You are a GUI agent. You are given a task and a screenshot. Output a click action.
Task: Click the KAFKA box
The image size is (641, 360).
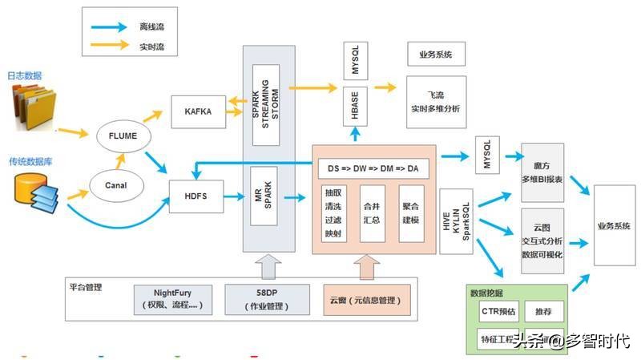pyautogui.click(x=198, y=111)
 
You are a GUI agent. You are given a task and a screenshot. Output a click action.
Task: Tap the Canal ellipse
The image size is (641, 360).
pyautogui.click(x=115, y=186)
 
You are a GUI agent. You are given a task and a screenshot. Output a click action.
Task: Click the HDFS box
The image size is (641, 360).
pyautogui.click(x=197, y=195)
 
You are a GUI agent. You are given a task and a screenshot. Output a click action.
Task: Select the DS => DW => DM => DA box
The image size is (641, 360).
pyautogui.click(x=373, y=168)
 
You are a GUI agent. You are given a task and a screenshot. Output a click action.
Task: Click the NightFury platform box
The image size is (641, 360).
pyautogui.click(x=173, y=298)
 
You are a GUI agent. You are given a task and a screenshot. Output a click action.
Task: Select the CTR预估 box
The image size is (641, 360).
pyautogui.click(x=498, y=310)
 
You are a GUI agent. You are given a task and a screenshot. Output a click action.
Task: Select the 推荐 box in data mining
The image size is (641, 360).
pyautogui.click(x=544, y=310)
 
